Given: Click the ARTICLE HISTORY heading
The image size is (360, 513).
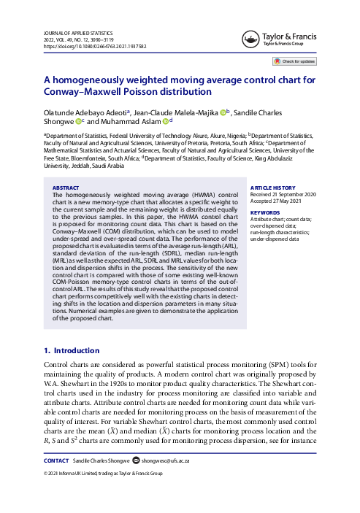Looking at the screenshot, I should [x=272, y=188].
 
